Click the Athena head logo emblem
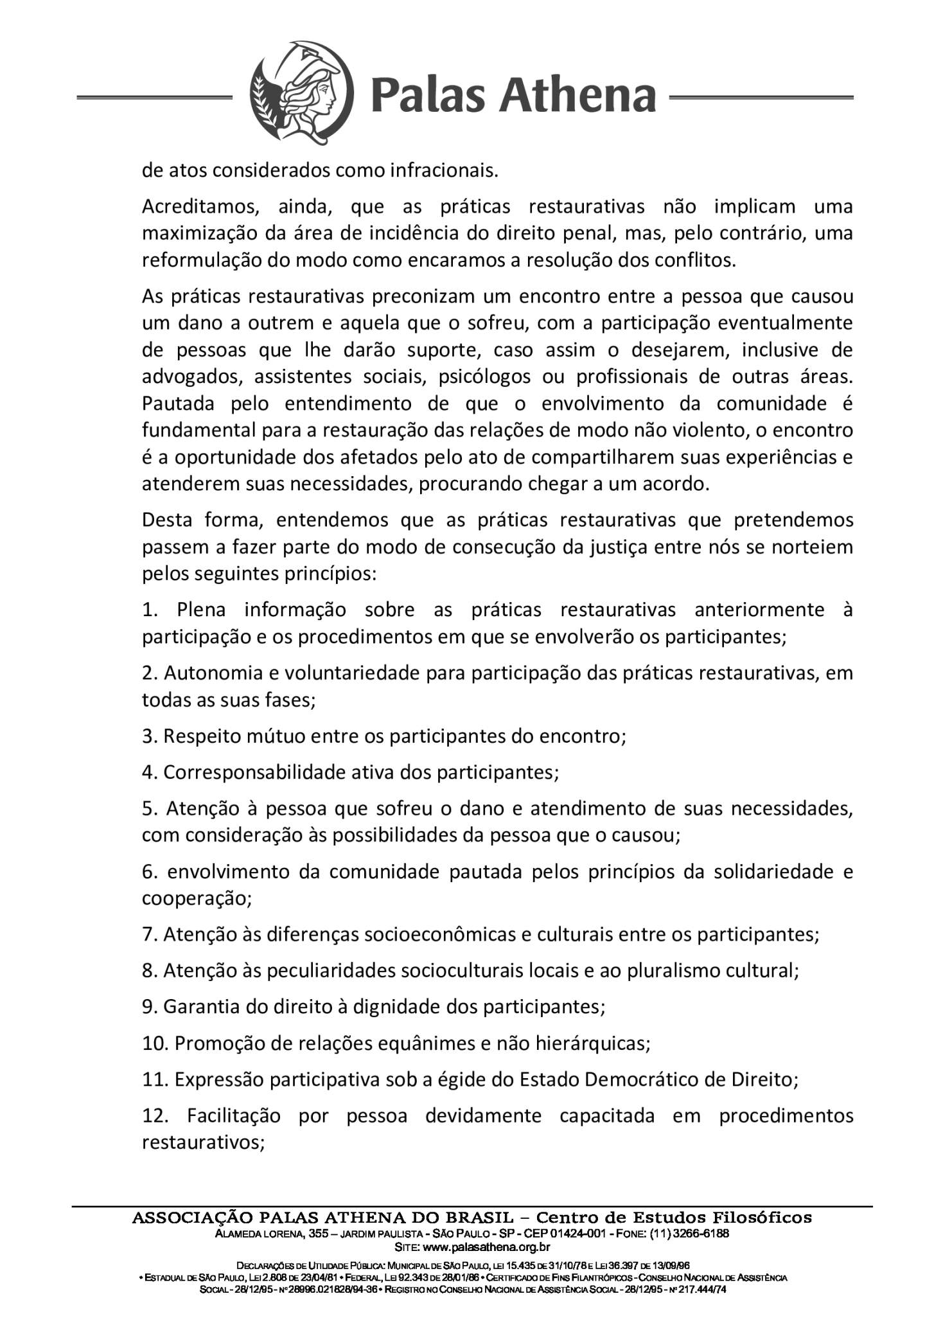(x=301, y=97)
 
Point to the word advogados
(x=189, y=377)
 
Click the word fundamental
(x=198, y=430)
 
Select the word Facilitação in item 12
(x=234, y=1116)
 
